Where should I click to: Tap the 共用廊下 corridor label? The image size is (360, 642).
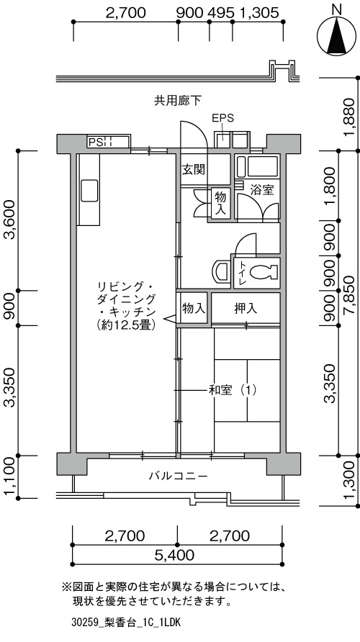tap(178, 100)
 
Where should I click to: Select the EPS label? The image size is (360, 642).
tap(222, 119)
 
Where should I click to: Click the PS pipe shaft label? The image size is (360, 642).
tap(96, 142)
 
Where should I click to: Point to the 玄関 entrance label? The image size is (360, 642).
tap(194, 170)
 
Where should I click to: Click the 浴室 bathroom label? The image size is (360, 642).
tap(262, 190)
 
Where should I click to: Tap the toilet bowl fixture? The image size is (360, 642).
tap(264, 271)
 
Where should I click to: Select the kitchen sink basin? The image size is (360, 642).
tap(89, 191)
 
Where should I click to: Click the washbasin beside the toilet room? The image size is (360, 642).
tap(222, 271)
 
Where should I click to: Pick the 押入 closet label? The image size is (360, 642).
tap(246, 308)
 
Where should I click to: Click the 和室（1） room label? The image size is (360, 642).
tap(233, 390)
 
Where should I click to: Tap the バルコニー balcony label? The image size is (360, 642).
tap(178, 476)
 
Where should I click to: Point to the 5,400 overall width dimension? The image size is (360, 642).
tap(175, 556)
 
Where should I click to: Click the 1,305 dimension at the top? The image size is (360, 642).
tap(258, 12)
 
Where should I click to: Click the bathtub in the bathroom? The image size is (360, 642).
tap(258, 168)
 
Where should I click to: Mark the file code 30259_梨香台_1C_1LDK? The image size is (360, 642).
tap(125, 623)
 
